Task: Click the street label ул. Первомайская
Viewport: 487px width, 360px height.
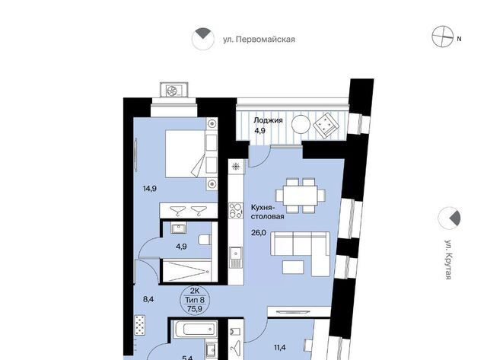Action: [259, 40]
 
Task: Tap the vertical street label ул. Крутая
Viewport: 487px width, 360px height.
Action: [448, 260]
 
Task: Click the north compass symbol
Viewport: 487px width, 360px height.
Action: [443, 37]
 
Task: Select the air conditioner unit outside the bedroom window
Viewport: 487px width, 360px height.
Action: [173, 91]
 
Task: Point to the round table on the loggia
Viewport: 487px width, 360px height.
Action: [301, 125]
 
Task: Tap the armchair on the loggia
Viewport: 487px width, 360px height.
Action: [325, 125]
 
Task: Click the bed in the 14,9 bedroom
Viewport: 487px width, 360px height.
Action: [186, 154]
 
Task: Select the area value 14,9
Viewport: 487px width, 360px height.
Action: [149, 189]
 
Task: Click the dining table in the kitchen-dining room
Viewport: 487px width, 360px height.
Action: [301, 195]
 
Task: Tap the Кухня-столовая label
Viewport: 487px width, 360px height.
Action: [267, 212]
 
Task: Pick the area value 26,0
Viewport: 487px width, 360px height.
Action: [259, 232]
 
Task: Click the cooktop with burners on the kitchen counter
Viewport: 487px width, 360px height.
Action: [235, 210]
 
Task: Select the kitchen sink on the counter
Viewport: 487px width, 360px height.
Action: [236, 257]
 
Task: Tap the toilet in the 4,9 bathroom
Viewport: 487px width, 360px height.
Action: [205, 240]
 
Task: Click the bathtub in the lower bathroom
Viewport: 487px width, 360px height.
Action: [196, 329]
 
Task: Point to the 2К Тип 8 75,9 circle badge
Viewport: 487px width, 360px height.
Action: [195, 300]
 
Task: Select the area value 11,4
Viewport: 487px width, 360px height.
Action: [279, 348]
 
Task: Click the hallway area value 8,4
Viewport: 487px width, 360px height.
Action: [148, 299]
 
